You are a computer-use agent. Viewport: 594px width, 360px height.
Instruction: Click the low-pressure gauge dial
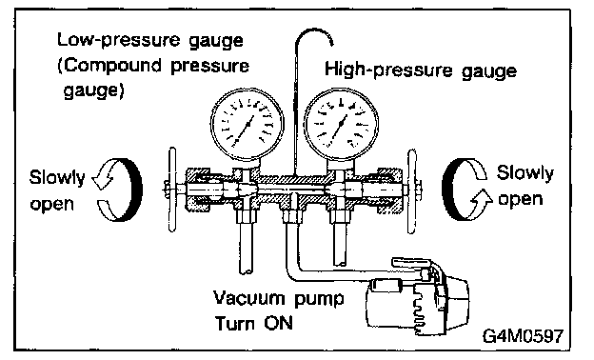[247, 124]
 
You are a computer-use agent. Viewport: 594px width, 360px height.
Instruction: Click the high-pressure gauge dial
[341, 124]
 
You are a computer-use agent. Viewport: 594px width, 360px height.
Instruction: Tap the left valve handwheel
[172, 190]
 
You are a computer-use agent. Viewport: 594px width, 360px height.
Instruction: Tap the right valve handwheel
[412, 191]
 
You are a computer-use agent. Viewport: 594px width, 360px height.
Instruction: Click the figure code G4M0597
[523, 336]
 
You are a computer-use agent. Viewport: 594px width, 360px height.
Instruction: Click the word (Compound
[110, 66]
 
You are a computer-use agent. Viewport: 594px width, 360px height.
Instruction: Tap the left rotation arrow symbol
[117, 190]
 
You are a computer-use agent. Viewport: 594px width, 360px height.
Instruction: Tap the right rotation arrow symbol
[466, 189]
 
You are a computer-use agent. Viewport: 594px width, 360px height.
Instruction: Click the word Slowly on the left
[57, 177]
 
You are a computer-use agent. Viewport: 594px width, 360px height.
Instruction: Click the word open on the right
[520, 199]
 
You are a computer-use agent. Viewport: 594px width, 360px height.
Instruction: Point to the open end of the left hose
[246, 270]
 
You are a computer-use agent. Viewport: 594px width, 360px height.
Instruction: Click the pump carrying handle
[411, 262]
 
